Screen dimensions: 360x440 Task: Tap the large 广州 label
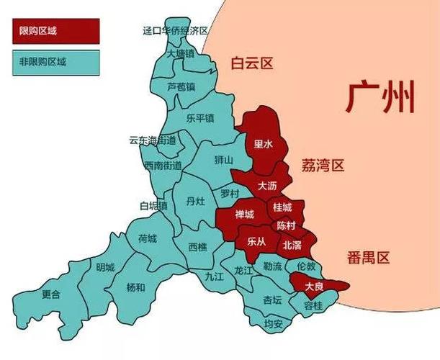point(380,97)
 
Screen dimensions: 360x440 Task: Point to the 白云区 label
point(252,63)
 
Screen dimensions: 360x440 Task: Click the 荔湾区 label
point(323,166)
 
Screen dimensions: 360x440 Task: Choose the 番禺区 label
point(367,257)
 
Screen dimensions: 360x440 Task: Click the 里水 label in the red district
point(264,144)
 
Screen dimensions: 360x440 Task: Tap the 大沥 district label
point(267,185)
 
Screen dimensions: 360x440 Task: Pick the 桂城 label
point(282,207)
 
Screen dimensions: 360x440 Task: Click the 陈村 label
point(286,225)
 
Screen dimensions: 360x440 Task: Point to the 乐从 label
point(256,241)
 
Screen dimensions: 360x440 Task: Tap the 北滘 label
point(292,245)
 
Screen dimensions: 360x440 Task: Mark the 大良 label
point(313,286)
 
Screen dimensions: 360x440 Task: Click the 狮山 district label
point(224,160)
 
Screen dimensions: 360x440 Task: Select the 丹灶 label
point(195,201)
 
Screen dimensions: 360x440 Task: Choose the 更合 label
point(50,294)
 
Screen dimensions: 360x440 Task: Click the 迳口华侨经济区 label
point(176,30)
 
